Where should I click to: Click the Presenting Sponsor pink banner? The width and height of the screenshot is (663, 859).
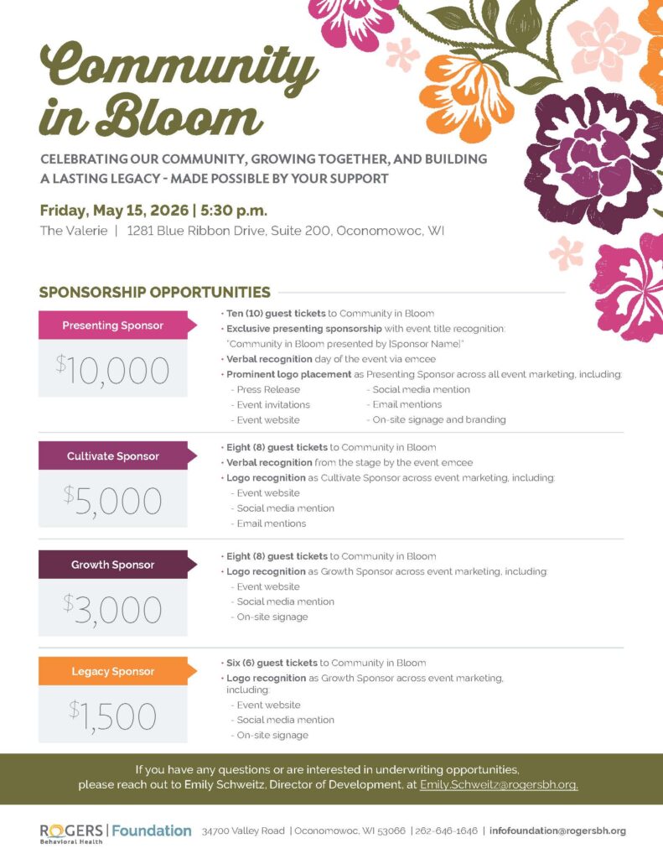pyautogui.click(x=114, y=325)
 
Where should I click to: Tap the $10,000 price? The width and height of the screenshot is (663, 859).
pyautogui.click(x=112, y=370)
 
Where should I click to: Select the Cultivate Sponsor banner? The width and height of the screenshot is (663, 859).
pyautogui.click(x=114, y=456)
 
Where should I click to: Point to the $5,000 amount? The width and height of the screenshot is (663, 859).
pyautogui.click(x=112, y=501)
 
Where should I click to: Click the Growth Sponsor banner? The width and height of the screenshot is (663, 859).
pyautogui.click(x=114, y=565)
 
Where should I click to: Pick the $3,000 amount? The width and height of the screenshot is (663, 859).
pyautogui.click(x=112, y=609)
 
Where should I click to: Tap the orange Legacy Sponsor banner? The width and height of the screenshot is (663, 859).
pyautogui.click(x=114, y=671)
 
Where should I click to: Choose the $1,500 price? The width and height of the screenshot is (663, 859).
pyautogui.click(x=112, y=716)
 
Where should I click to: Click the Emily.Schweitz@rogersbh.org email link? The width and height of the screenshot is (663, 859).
pyautogui.click(x=499, y=785)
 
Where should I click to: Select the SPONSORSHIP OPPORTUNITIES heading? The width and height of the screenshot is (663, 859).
pyautogui.click(x=154, y=292)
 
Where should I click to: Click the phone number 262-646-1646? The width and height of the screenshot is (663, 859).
pyautogui.click(x=446, y=830)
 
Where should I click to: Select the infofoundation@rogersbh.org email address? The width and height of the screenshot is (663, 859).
pyautogui.click(x=557, y=830)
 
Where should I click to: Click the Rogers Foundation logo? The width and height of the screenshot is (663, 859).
pyautogui.click(x=115, y=832)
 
